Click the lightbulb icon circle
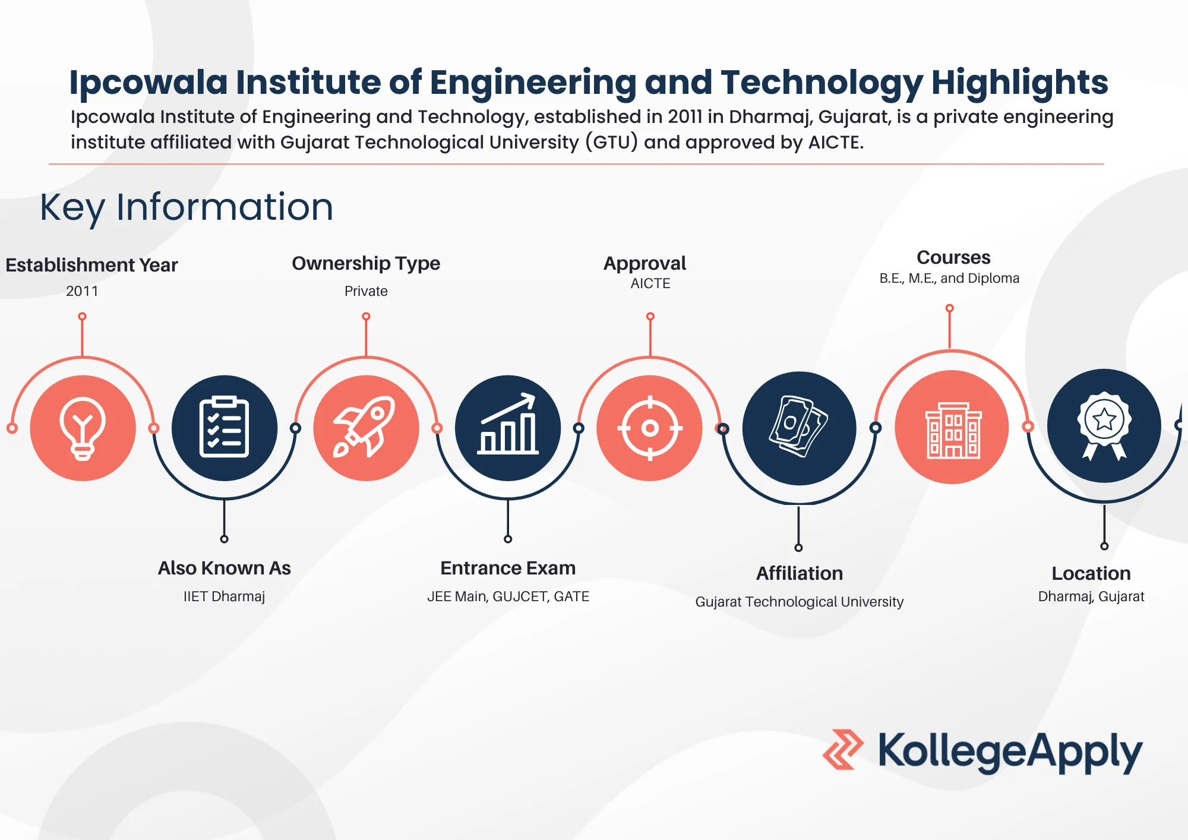click(x=83, y=428)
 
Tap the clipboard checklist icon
click(x=224, y=428)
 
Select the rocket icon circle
click(x=366, y=428)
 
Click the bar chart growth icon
click(x=508, y=428)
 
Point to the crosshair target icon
click(x=650, y=428)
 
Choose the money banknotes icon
click(x=799, y=428)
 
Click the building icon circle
click(x=952, y=427)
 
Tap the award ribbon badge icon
click(x=1104, y=426)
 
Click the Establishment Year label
click(x=91, y=265)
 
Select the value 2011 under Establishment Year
click(x=82, y=291)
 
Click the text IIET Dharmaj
click(x=224, y=596)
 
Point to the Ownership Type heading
click(x=366, y=263)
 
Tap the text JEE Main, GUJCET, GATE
click(x=508, y=596)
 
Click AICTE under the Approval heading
click(x=650, y=283)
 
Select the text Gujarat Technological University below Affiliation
click(x=799, y=602)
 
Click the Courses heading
click(x=953, y=257)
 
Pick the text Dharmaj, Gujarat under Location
click(x=1091, y=596)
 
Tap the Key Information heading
click(x=187, y=207)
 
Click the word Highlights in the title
click(x=1019, y=82)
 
